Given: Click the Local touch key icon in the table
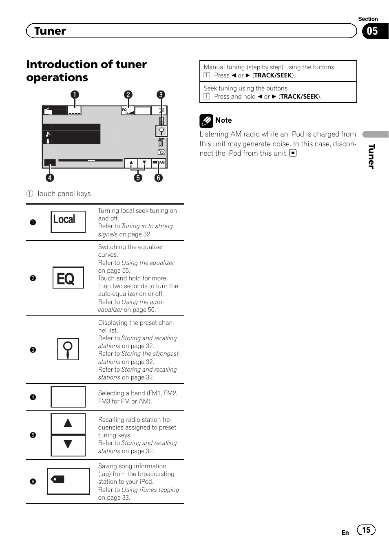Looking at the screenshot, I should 68,221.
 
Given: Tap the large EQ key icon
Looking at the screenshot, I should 68,278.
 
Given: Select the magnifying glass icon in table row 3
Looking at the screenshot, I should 68,349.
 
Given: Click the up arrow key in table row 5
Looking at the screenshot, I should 68,423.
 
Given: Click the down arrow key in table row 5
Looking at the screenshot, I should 68,445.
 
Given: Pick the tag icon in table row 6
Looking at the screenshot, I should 58,479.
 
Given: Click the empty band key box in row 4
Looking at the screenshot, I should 68,397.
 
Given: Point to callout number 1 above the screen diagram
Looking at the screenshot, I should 75,95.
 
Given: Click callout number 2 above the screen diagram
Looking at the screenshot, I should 128,95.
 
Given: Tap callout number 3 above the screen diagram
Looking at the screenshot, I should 161,95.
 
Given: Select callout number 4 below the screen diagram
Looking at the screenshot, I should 49,178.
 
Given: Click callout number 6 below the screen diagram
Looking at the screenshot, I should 158,178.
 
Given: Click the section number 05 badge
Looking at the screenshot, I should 372,31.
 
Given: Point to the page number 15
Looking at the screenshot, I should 366,530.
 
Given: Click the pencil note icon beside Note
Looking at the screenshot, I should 206,121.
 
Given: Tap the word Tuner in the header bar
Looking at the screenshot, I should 50,31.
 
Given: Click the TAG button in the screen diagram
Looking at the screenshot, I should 159,163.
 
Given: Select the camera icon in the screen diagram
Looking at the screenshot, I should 161,152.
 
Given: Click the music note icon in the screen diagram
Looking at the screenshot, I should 48,134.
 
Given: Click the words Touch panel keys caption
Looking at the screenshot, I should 64,194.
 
